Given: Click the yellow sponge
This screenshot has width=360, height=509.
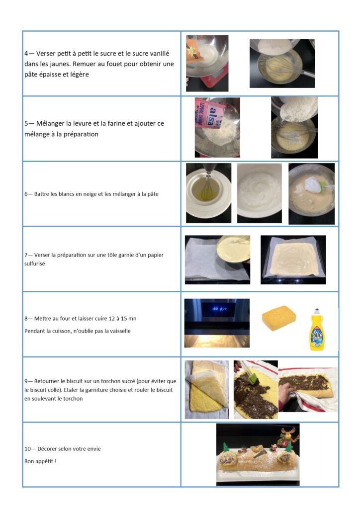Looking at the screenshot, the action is (279, 318).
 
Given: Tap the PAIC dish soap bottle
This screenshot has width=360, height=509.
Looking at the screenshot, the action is (316, 330).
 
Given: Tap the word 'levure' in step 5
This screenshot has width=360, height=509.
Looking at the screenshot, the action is (83, 123).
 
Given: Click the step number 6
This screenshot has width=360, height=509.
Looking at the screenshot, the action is (26, 194).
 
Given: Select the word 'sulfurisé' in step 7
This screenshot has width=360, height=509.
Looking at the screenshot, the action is (34, 263).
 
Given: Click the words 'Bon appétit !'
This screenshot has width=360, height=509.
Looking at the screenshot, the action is (40, 461).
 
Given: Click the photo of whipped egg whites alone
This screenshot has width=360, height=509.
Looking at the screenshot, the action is (260, 193).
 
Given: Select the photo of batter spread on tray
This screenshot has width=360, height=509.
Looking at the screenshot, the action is (293, 259).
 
